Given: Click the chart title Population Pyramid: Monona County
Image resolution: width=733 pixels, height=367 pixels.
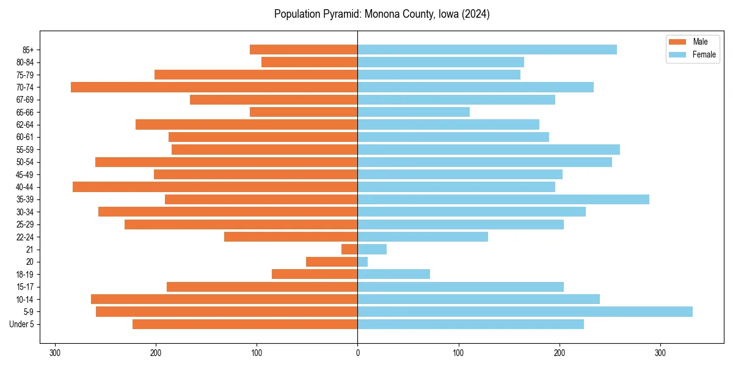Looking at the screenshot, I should tap(382, 14).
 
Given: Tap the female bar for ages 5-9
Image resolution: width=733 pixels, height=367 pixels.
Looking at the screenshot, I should tap(525, 312).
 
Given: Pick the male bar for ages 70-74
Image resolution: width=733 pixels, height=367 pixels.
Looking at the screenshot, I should tap(214, 87).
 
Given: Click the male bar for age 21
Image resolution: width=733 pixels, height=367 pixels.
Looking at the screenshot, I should tap(349, 250).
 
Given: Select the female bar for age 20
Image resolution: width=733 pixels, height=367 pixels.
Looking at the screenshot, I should tap(363, 262).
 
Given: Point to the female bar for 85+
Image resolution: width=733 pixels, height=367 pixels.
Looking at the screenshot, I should tap(487, 50).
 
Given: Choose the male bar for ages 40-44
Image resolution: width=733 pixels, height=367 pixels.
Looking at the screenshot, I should tap(215, 187).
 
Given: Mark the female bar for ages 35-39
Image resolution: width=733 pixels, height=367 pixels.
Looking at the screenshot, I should tap(503, 199).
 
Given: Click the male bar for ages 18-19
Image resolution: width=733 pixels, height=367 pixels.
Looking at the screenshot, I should tap(315, 274).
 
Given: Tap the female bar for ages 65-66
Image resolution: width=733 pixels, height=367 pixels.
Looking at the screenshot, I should tap(414, 112).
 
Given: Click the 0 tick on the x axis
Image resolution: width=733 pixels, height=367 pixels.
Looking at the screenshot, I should tap(357, 352).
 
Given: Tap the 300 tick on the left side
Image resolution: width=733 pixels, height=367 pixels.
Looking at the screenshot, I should tap(55, 352).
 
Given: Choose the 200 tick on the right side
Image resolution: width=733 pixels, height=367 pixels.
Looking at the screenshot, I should tap(559, 352).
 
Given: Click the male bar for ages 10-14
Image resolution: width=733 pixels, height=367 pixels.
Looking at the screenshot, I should tap(224, 299).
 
